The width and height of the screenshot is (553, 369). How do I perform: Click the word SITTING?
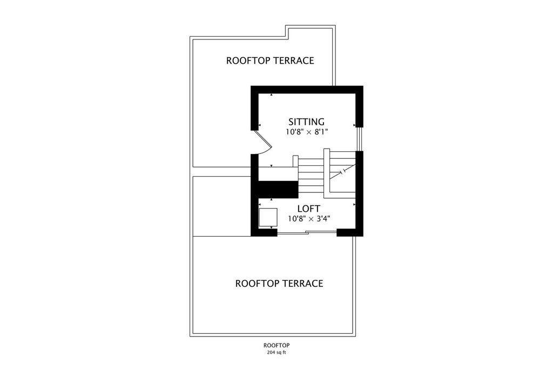pos(307,122)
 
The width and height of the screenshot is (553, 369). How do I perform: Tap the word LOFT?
pos(308,209)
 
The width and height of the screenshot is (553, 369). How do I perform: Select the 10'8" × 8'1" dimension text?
pos(307,132)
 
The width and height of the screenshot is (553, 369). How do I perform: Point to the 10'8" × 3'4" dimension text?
pos(309,219)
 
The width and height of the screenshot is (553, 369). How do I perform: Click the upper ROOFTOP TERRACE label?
pos(270,61)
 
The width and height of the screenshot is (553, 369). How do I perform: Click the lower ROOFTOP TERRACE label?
pos(279,284)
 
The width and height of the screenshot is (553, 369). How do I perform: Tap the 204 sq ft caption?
pos(276,352)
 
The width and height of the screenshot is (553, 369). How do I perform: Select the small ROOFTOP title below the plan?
pos(276,345)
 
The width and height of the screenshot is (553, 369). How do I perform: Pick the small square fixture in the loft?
pos(268,217)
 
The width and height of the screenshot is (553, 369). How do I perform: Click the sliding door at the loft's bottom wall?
pos(307,232)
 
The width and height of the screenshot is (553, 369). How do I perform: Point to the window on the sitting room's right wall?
pos(359,139)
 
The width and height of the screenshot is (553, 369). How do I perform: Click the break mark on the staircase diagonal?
pos(342,172)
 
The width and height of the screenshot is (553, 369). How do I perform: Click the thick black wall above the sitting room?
pos(307,90)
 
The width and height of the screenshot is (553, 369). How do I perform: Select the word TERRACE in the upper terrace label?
pos(294,61)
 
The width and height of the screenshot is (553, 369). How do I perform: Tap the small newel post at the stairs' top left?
pos(295,161)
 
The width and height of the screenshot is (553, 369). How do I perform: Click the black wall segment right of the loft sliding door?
pos(350,232)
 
